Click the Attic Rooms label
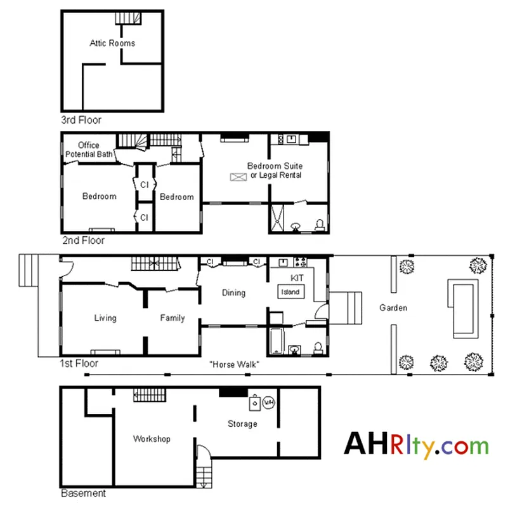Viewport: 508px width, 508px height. [x=112, y=43]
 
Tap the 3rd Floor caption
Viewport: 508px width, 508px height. [x=81, y=120]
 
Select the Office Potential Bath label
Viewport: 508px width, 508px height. [x=89, y=150]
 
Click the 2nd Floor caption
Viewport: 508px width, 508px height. [x=83, y=241]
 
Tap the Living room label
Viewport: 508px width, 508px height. [x=105, y=318]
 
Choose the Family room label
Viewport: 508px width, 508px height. [x=173, y=318]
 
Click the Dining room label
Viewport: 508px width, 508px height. [x=233, y=293]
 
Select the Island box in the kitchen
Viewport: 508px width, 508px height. [x=291, y=292]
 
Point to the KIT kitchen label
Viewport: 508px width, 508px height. [x=297, y=279]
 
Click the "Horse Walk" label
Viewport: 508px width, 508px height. [x=235, y=364]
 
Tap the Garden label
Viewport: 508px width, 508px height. [x=393, y=308]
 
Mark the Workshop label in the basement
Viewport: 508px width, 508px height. [x=152, y=439]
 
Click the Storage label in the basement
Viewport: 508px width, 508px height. [x=242, y=424]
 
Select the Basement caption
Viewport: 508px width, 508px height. [x=83, y=493]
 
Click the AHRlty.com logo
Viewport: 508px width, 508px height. [x=417, y=445]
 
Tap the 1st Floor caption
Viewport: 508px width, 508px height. [x=79, y=364]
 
